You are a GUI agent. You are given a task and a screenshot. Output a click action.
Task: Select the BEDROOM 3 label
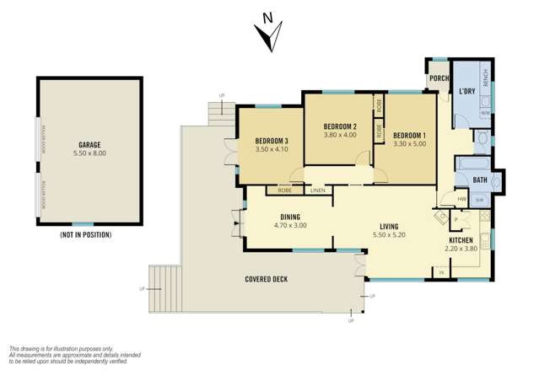click(272, 140)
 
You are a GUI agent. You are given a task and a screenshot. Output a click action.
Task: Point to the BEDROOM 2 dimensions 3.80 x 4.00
click(340, 135)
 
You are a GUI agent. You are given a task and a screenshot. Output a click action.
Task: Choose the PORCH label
click(439, 79)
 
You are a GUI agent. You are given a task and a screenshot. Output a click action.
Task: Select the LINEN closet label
click(317, 190)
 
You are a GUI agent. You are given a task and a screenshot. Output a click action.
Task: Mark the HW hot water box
click(461, 199)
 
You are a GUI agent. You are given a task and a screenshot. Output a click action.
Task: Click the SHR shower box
click(478, 200)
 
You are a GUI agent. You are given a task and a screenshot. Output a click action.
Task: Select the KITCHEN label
click(463, 240)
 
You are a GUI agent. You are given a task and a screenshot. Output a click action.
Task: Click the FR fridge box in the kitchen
click(439, 271)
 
